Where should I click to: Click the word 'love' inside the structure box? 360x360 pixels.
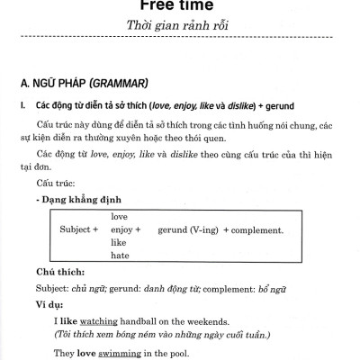119,217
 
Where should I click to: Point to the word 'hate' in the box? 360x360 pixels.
119,256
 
